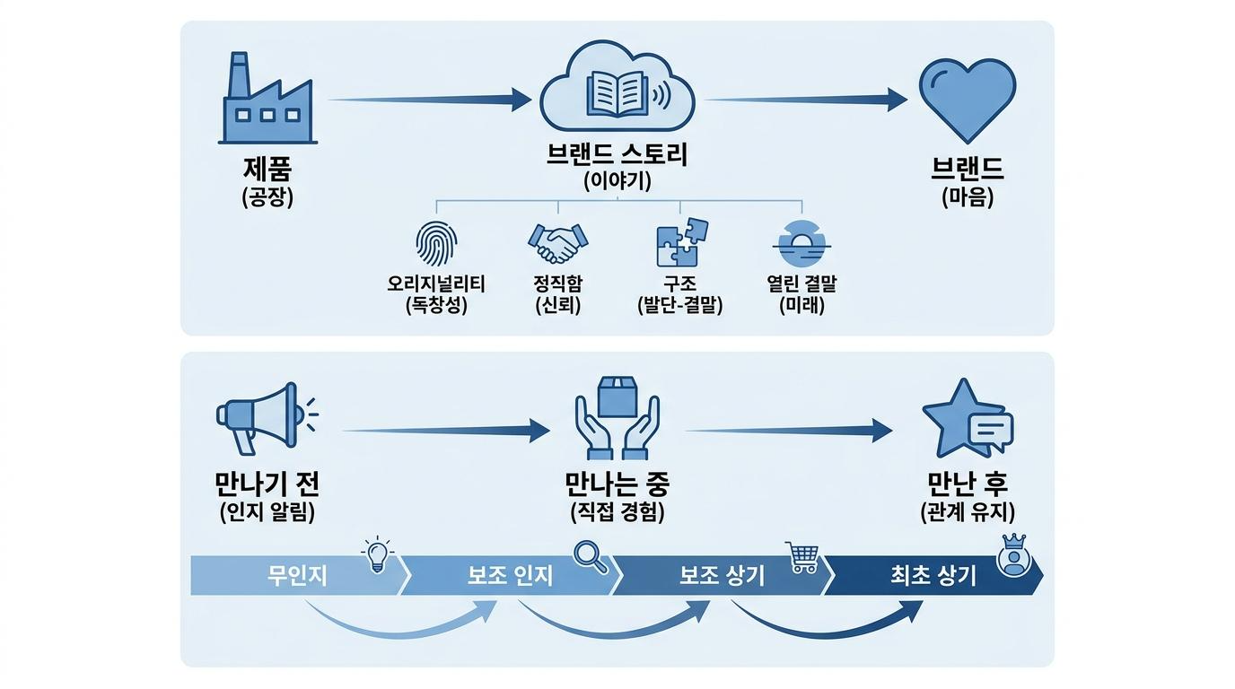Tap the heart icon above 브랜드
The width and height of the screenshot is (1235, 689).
tap(968, 100)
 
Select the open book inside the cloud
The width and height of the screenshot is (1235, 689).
tap(617, 94)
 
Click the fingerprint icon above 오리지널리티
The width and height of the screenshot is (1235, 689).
tap(436, 244)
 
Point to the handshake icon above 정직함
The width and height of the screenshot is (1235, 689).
tap(558, 243)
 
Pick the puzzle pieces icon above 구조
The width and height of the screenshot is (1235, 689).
tap(681, 242)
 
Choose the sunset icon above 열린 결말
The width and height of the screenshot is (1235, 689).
tap(801, 244)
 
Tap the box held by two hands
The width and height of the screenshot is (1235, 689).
tap(617, 397)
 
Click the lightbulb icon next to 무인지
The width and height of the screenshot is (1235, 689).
tap(377, 554)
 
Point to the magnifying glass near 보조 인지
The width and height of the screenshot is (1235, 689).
tap(591, 558)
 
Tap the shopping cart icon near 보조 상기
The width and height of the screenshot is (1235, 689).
tap(802, 557)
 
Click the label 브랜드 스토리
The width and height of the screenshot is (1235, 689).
tap(617, 155)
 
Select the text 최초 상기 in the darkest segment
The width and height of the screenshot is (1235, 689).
tap(933, 576)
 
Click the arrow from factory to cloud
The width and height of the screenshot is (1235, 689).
tap(430, 100)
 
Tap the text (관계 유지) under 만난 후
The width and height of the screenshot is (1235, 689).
tap(968, 512)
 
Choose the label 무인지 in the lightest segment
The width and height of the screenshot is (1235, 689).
tap(296, 576)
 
